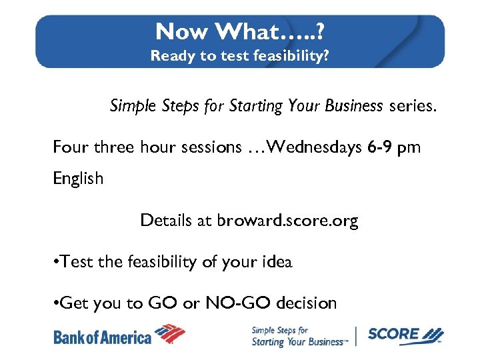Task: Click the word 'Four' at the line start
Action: [x=71, y=147]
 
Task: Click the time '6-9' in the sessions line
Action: [x=379, y=147]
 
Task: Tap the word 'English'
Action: [x=78, y=179]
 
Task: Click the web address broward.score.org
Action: [x=287, y=221]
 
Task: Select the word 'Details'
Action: [x=167, y=221]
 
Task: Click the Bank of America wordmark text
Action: [x=102, y=337]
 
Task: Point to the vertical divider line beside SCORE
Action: [x=357, y=336]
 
